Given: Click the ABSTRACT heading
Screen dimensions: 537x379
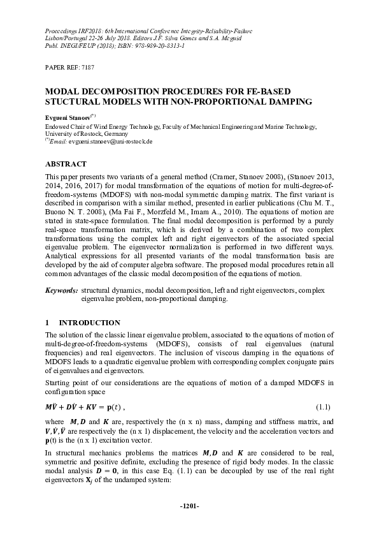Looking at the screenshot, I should tap(66, 163).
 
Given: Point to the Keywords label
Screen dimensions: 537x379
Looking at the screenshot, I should tap(61, 290).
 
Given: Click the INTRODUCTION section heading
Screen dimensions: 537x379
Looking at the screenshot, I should tap(94, 323).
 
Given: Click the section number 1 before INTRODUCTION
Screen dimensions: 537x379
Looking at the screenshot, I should tap(47, 323).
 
